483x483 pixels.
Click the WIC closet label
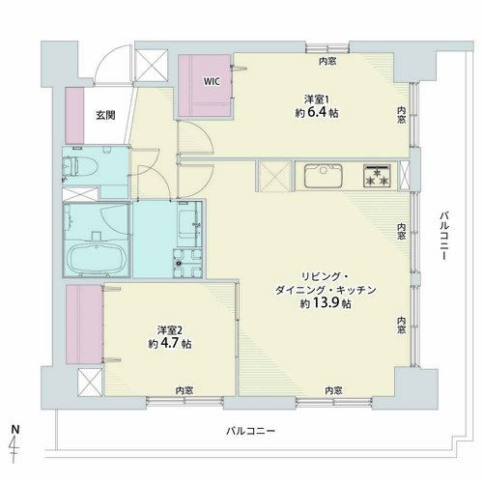(212, 81)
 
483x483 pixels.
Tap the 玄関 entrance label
(105, 115)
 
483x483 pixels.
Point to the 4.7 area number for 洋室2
(169, 343)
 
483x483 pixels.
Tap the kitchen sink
(324, 176)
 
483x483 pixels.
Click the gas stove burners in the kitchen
(377, 176)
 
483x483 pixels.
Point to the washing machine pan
(187, 263)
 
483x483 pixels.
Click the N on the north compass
(15, 429)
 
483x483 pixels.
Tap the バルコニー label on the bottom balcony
(250, 431)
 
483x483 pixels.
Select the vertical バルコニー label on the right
(444, 236)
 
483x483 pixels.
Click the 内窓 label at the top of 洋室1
(327, 61)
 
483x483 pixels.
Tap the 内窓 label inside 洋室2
(185, 390)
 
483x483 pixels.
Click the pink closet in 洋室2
(84, 325)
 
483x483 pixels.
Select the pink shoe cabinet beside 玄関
(74, 116)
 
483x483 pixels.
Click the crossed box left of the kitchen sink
(273, 176)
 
